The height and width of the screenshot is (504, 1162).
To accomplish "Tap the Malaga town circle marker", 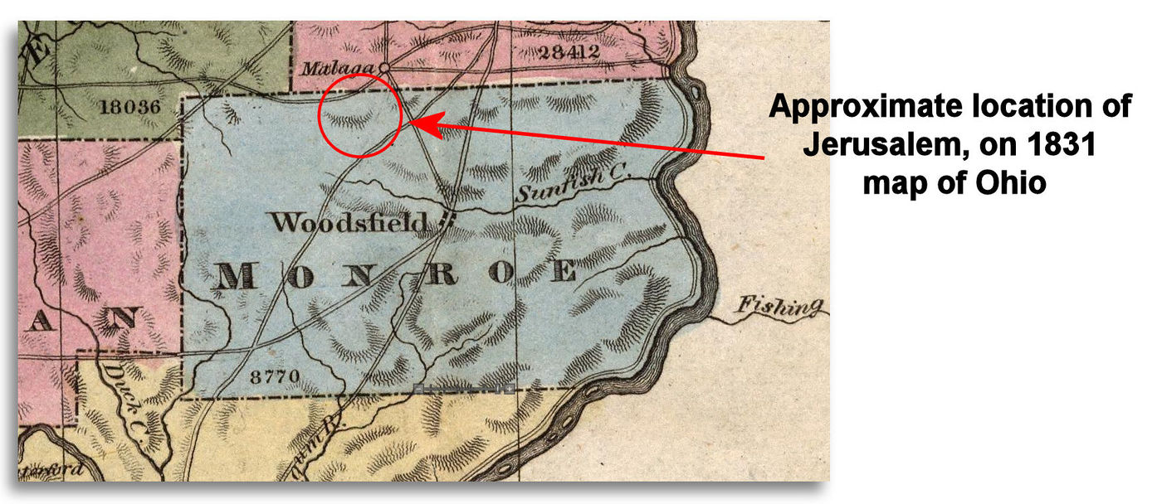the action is point(384,67).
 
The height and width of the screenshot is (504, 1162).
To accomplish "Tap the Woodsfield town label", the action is point(349,222).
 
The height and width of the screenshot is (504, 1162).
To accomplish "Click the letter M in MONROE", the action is point(235,276).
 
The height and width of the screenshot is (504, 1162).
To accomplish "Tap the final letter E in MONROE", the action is point(564,271).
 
